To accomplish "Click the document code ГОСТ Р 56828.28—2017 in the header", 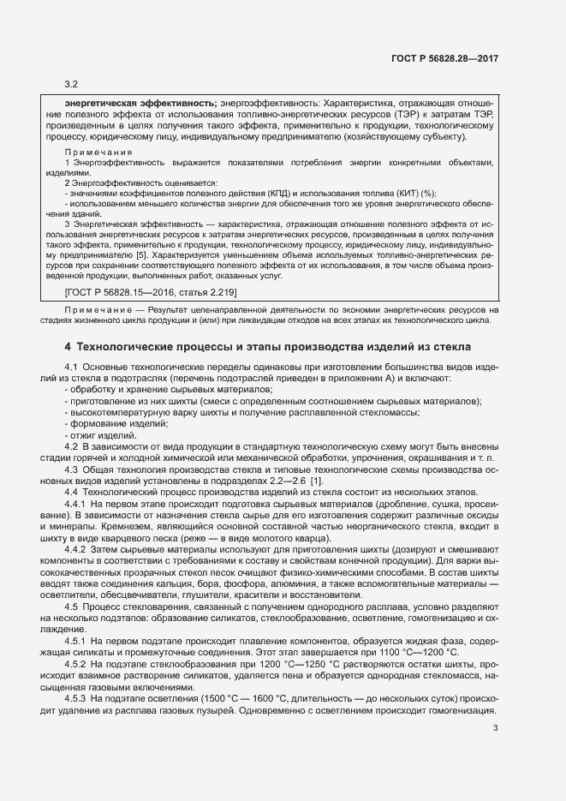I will [446, 59].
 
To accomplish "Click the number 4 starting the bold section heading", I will [68, 348].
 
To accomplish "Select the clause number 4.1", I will [72, 367].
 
